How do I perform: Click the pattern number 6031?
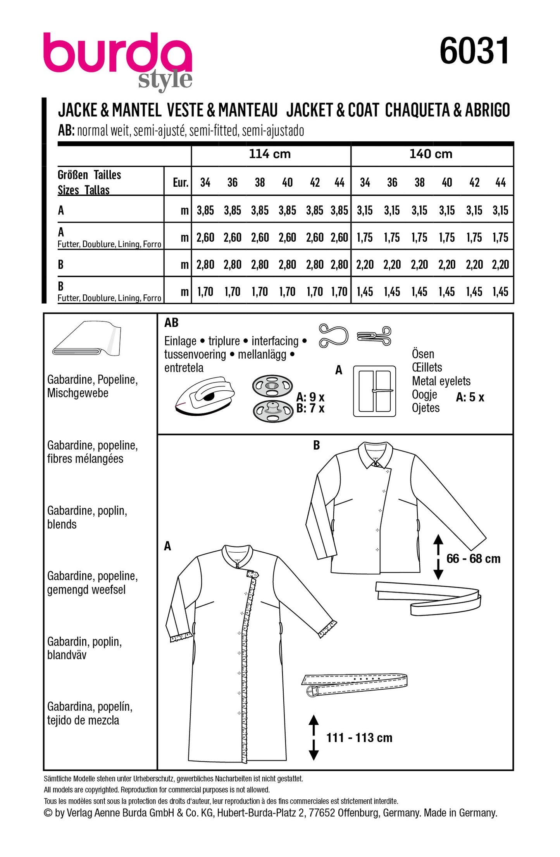[x=474, y=51]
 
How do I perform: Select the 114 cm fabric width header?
[x=270, y=154]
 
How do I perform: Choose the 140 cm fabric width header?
[x=431, y=154]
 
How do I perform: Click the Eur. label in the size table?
[x=181, y=182]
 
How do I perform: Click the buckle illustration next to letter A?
[x=374, y=391]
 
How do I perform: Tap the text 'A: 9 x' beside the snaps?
[x=310, y=397]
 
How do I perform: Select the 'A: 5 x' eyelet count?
[x=470, y=397]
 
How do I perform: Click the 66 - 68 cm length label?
[x=473, y=559]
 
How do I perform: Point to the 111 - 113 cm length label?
[x=359, y=738]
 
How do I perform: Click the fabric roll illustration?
[x=87, y=338]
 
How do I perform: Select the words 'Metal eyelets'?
[x=441, y=381]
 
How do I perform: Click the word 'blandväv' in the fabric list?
[x=67, y=655]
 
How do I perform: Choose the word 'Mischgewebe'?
[x=78, y=393]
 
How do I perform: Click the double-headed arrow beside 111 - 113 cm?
[x=314, y=738]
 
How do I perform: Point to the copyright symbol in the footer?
[x=48, y=813]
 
